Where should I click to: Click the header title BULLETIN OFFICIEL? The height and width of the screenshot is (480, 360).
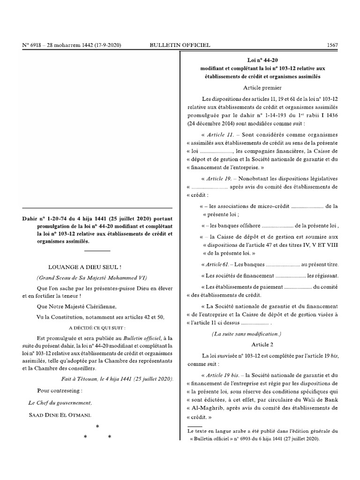pos(180,45)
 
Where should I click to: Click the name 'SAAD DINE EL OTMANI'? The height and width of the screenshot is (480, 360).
pos(64,414)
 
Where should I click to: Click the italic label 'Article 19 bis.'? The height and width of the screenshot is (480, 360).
pos(221,375)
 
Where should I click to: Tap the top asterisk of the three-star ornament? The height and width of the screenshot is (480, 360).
pos(97,426)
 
